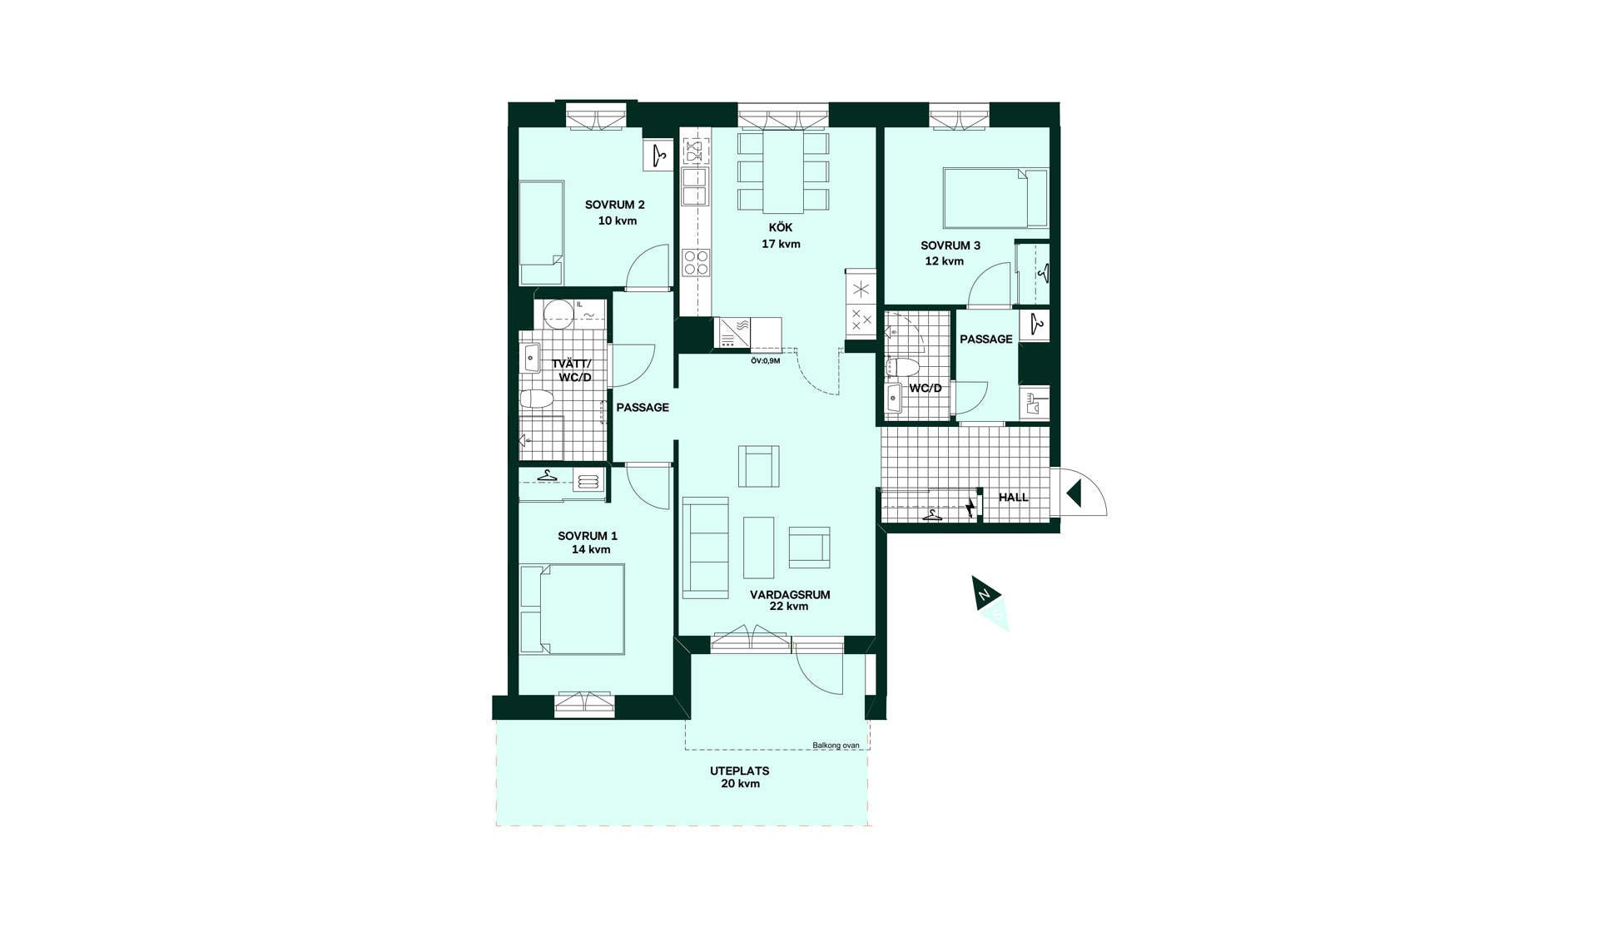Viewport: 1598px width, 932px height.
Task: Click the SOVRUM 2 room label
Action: point(614,205)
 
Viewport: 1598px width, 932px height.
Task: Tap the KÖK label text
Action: point(781,228)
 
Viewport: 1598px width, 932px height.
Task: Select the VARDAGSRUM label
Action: point(790,595)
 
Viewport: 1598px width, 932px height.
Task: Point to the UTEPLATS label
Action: point(740,771)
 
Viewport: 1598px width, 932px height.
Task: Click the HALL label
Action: point(1014,498)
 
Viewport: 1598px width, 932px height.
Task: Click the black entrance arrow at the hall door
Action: point(1074,493)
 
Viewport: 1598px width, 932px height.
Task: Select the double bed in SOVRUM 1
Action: point(572,609)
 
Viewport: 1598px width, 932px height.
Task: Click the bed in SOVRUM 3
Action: point(995,198)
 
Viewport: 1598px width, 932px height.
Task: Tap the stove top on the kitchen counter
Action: point(695,263)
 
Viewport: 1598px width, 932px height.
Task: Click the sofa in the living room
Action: point(705,548)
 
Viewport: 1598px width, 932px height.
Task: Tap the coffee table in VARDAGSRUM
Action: point(758,548)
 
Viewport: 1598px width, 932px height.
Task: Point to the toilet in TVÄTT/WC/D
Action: point(535,400)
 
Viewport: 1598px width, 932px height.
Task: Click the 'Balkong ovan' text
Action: point(836,746)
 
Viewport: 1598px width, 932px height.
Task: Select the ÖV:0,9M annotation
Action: point(765,361)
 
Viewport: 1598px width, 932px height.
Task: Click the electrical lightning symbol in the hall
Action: point(970,506)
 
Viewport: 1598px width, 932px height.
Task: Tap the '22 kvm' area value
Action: point(789,607)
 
